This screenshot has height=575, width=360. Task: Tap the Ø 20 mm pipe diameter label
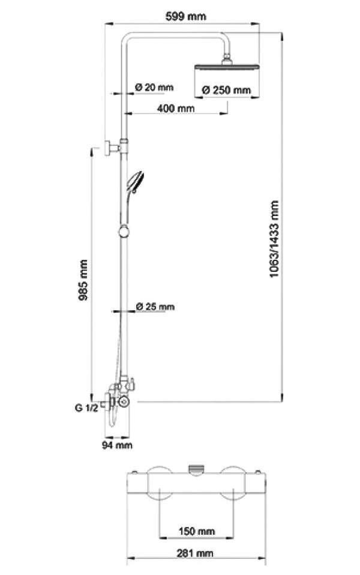pos(154,88)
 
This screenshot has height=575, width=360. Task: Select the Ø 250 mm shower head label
pos(226,90)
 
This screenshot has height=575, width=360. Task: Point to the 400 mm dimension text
pos(176,109)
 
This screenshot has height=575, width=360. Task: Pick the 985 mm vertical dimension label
pos(84,280)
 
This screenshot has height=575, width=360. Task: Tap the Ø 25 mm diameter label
pos(155,307)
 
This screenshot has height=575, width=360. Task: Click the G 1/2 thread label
pos(86,408)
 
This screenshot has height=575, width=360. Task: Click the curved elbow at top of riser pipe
pos(128,39)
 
